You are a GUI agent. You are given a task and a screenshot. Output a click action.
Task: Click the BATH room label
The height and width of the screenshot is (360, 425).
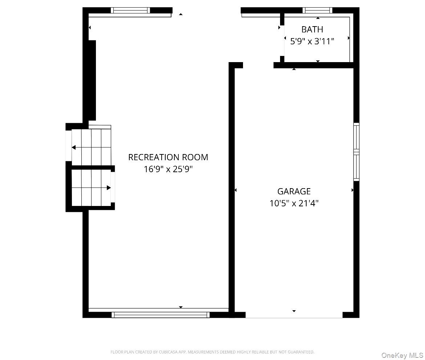(x=312, y=29)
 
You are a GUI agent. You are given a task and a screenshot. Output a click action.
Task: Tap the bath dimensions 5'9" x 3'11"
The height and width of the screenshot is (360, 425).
(x=312, y=41)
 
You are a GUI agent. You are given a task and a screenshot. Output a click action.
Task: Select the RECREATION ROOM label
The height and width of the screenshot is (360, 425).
(x=168, y=157)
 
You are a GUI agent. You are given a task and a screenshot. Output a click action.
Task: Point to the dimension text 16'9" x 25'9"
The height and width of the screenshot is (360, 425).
(x=168, y=169)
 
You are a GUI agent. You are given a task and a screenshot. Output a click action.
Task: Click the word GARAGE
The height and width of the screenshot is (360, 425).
(x=294, y=191)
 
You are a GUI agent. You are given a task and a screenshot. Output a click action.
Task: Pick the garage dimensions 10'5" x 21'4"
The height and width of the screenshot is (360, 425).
(x=294, y=203)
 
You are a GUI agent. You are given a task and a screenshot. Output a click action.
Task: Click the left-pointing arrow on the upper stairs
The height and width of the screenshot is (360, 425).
(x=91, y=147)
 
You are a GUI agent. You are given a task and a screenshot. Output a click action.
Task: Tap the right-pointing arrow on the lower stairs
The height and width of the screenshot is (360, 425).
(x=91, y=187)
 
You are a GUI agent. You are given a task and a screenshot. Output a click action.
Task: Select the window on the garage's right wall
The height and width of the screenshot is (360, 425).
(x=356, y=152)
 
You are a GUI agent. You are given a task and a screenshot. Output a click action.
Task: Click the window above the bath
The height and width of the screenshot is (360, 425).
(x=317, y=10)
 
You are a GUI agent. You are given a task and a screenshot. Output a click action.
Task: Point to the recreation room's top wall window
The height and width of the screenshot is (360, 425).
(x=130, y=10)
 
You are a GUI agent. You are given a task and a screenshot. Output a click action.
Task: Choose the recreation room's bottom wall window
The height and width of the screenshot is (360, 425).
(x=161, y=315)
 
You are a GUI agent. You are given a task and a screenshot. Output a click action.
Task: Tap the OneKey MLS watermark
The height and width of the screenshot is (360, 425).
(x=402, y=355)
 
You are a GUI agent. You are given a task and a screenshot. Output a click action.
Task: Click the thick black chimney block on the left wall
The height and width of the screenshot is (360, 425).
(x=92, y=80)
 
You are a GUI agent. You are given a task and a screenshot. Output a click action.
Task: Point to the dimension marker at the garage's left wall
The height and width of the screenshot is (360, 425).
(x=235, y=190)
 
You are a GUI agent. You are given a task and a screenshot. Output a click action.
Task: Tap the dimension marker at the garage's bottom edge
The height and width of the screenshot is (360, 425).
(x=294, y=311)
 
